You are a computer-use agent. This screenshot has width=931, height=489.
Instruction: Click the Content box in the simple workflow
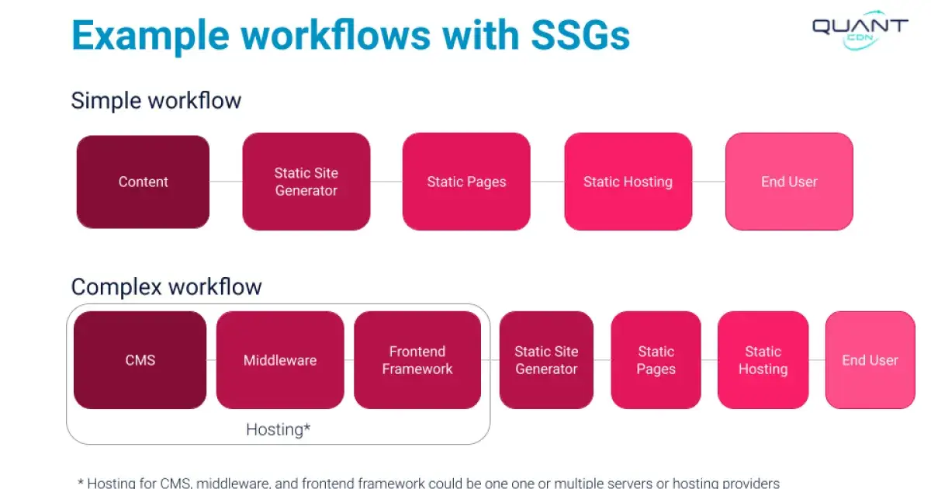[x=143, y=182]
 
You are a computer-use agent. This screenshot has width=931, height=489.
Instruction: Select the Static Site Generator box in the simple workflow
[x=306, y=182]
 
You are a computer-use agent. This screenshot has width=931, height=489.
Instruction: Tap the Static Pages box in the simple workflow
[x=466, y=182]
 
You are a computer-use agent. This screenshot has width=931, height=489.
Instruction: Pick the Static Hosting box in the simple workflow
[x=628, y=182]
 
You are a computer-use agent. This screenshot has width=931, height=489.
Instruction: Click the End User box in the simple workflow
[x=789, y=182]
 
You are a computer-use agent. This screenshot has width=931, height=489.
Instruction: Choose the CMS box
[x=140, y=360]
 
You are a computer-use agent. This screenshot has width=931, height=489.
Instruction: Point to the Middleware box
[x=279, y=360]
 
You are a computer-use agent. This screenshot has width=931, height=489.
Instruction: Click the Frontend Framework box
[x=417, y=360]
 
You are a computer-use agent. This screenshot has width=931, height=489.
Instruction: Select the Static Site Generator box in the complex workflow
[x=546, y=360]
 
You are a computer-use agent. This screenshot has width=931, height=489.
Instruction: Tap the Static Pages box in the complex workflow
[x=656, y=360]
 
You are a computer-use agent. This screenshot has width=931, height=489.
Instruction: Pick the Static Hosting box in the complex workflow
[x=763, y=360]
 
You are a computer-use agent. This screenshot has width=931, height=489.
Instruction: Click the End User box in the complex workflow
[x=870, y=360]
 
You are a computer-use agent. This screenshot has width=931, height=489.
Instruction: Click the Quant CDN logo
[x=860, y=29]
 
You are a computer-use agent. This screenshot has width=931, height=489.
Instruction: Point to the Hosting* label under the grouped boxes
[x=278, y=428]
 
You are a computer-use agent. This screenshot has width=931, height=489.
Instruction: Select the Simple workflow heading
[x=156, y=101]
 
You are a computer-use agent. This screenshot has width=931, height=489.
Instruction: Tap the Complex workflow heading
[x=166, y=286]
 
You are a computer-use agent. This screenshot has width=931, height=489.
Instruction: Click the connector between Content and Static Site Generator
[x=226, y=182]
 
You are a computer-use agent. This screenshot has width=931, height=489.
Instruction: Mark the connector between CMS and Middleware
[x=211, y=360]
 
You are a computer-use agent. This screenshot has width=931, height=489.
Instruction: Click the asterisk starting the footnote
[x=81, y=483]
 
